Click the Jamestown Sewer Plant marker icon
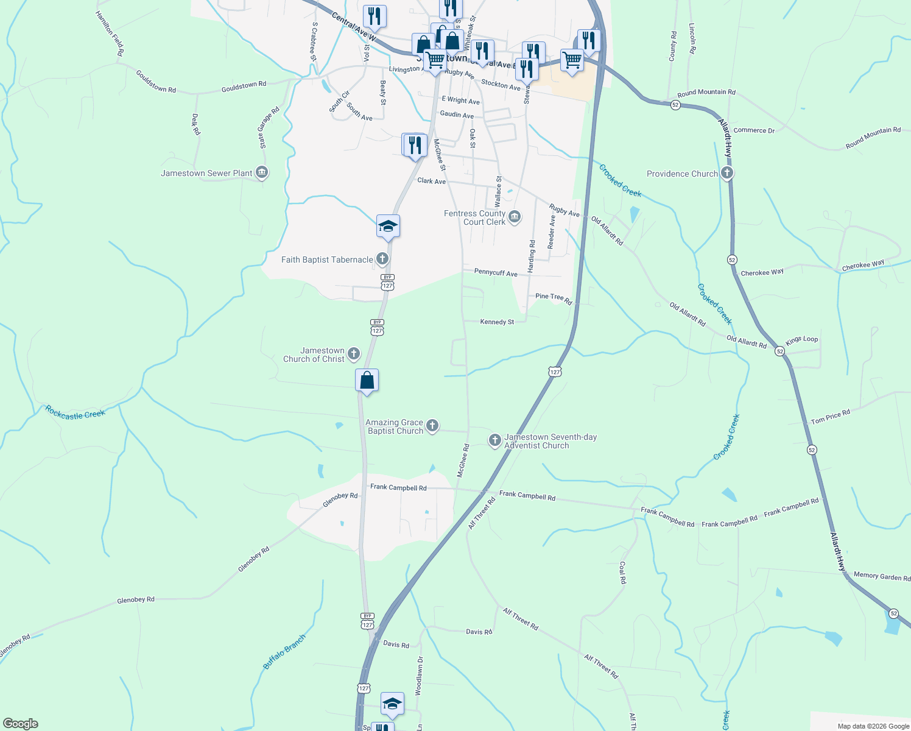(262, 173)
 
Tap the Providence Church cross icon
(726, 174)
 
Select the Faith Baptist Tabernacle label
(327, 260)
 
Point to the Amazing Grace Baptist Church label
(394, 426)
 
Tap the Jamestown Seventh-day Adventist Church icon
(495, 440)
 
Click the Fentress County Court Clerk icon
(515, 217)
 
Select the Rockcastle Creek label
(76, 413)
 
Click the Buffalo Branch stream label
(284, 652)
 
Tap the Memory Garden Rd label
(881, 576)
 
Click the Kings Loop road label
(801, 340)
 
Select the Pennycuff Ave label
(496, 273)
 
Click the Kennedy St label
(497, 322)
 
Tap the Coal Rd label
(622, 573)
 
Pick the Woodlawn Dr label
(419, 676)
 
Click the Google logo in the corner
(20, 724)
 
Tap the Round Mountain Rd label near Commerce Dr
(706, 93)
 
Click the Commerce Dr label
(754, 130)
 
